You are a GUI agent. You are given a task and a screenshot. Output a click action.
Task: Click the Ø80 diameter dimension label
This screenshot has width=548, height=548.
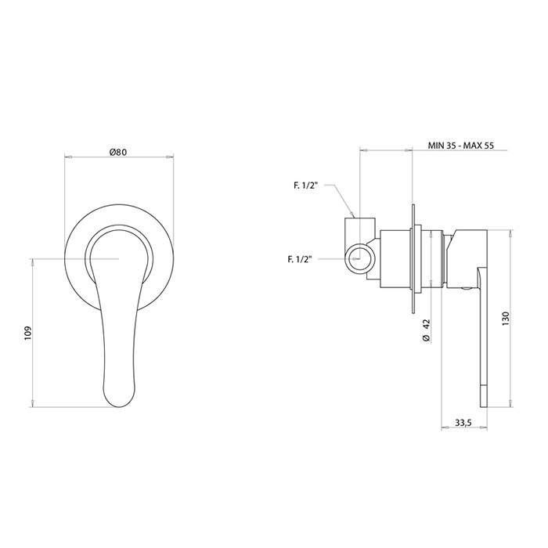pos(117,152)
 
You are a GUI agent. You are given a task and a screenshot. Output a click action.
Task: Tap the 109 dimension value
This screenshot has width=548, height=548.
pos(28,333)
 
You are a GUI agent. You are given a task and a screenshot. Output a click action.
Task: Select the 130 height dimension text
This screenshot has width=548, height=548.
pos(506,319)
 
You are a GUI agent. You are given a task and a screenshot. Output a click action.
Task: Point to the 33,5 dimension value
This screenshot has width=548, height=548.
pos(463,423)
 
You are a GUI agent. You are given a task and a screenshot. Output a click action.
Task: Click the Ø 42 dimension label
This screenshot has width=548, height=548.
pos(426,330)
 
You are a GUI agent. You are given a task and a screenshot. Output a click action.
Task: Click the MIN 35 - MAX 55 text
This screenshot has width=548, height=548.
pos(461,146)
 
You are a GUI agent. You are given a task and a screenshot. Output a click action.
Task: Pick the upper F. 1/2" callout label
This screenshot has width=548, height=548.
pos(305,186)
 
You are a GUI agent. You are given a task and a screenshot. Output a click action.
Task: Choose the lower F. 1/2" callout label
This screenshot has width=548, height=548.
pos(300,259)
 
